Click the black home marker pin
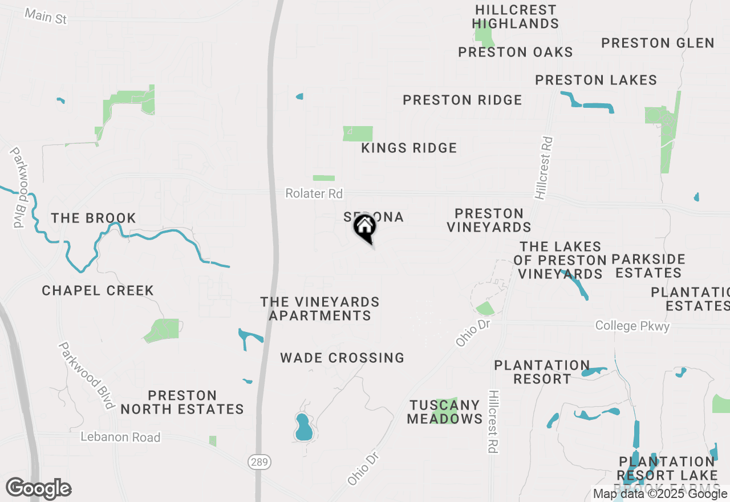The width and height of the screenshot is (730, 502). [364, 228]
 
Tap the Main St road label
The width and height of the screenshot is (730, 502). [46, 16]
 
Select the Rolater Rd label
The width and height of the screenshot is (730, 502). [314, 194]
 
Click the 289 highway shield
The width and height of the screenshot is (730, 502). [259, 462]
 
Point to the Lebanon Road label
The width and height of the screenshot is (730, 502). [120, 437]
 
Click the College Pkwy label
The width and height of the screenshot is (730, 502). [632, 326]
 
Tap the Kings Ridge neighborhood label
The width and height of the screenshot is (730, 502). [409, 148]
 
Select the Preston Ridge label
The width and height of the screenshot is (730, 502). [462, 100]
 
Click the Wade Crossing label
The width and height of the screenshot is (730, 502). [342, 358]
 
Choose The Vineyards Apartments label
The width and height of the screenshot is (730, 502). [320, 309]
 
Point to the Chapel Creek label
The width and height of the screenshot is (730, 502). [98, 291]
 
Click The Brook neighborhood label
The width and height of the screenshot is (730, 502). [94, 218]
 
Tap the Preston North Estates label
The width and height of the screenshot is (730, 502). [182, 402]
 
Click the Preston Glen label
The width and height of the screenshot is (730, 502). [658, 43]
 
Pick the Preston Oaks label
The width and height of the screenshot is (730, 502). [516, 52]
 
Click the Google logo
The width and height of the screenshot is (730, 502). [39, 488]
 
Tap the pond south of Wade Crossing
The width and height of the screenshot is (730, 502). [304, 427]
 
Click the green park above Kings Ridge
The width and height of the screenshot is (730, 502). [358, 133]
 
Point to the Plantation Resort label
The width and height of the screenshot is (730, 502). [542, 372]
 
